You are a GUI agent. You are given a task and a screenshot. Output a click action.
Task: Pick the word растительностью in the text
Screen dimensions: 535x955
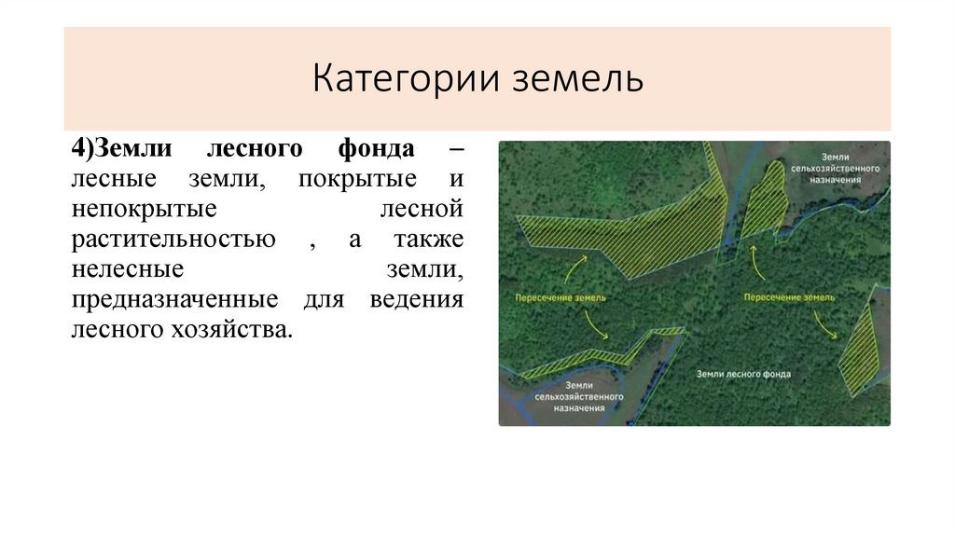tap(173, 240)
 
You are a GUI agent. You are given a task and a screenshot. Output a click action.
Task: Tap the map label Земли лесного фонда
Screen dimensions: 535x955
tap(743, 374)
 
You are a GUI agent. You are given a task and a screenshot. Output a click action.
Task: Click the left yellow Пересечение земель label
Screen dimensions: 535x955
tap(560, 297)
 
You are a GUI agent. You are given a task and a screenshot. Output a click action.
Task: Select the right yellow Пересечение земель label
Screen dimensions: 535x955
tap(789, 297)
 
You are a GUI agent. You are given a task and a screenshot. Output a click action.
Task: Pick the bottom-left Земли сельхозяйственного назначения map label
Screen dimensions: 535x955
tap(578, 396)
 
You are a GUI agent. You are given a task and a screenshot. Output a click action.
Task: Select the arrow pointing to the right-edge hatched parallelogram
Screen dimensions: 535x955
tap(824, 323)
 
